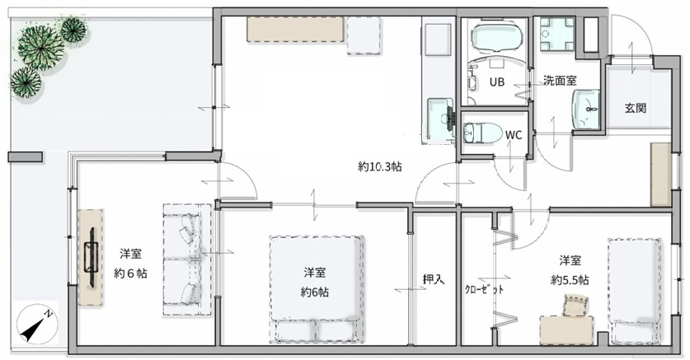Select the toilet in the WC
pyautogui.click(x=483, y=132)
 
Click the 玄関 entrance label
pyautogui.click(x=636, y=108)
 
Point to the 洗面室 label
pyautogui.click(x=560, y=81)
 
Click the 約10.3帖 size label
pyautogui.click(x=379, y=166)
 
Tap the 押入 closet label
pyautogui.click(x=434, y=279)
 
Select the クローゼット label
pyautogui.click(x=484, y=290)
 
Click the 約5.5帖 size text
pyautogui.click(x=570, y=280)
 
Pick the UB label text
pyautogui.click(x=497, y=82)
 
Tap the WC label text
pyautogui.click(x=513, y=135)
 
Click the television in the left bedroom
pyautogui.click(x=91, y=257)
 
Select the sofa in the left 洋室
pyautogui.click(x=188, y=259)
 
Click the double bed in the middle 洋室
pyautogui.click(x=317, y=289)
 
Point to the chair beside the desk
pyautogui.click(x=576, y=306)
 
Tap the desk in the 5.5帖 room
pyautogui.click(x=566, y=330)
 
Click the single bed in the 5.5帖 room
pyautogui.click(x=635, y=291)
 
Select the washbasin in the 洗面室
pyautogui.click(x=585, y=109)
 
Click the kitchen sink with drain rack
pyautogui.click(x=441, y=119)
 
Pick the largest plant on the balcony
pyautogui.click(x=40, y=47)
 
